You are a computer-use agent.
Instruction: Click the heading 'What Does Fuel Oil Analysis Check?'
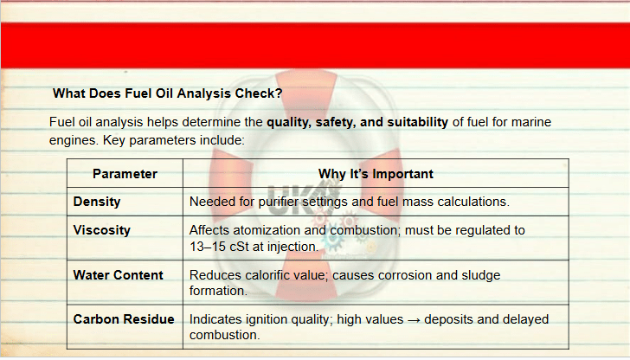[168, 93]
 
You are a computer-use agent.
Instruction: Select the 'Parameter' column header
[125, 174]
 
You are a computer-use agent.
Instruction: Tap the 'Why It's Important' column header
[376, 174]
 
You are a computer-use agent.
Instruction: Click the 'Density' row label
[96, 202]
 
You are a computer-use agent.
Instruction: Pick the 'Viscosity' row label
[101, 230]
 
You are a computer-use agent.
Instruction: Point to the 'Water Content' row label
[118, 275]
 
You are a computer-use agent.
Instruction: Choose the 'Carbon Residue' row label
[124, 319]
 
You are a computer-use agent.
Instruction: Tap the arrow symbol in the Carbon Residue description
[414, 320]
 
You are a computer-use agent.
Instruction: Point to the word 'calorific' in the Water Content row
[272, 275]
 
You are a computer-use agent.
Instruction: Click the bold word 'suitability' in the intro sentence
[417, 122]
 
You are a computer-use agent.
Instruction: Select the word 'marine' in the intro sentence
[532, 122]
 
